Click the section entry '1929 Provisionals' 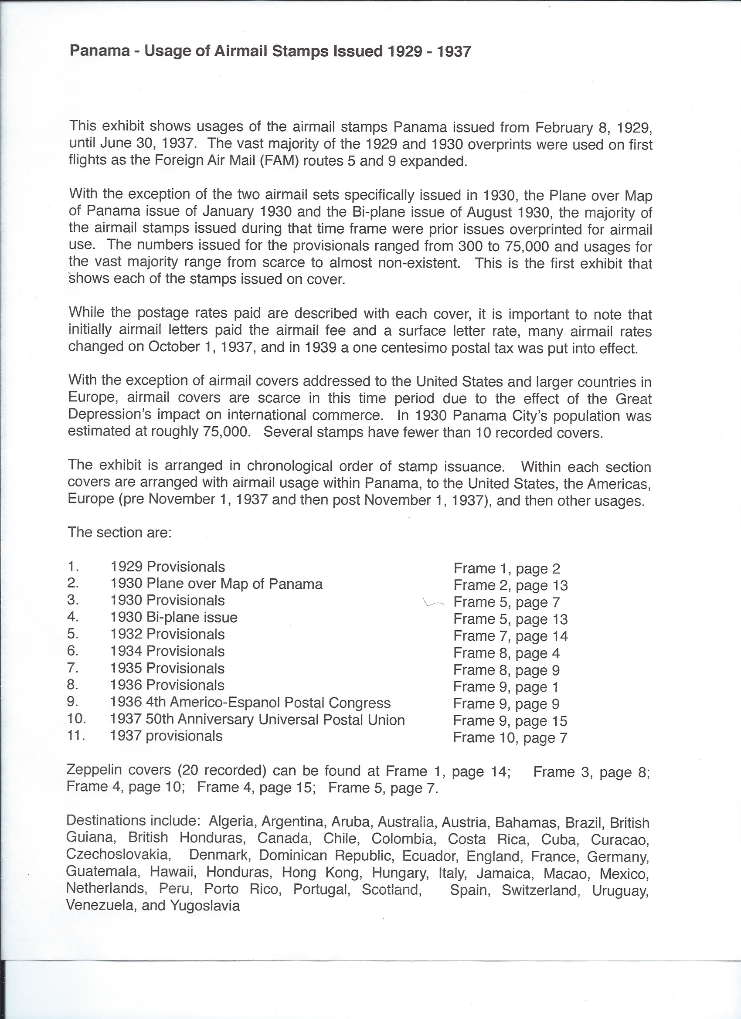[x=168, y=567]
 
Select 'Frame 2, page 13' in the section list [x=510, y=585]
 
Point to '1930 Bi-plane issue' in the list [x=174, y=617]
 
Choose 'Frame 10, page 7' [x=510, y=737]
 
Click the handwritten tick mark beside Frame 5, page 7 [x=433, y=603]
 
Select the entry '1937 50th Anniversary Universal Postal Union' [x=258, y=720]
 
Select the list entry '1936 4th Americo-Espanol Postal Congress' [x=250, y=703]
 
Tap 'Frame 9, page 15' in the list [x=510, y=721]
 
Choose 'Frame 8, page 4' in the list [x=506, y=653]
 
